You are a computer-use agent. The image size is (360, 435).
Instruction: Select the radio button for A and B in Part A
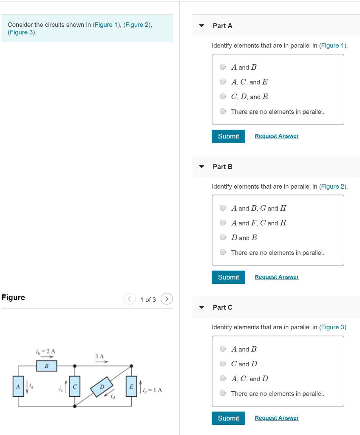click(223, 67)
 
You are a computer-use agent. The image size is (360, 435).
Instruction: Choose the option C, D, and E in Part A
click(223, 96)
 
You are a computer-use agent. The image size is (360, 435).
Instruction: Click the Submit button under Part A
click(228, 136)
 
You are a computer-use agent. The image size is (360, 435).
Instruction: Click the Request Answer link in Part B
click(276, 277)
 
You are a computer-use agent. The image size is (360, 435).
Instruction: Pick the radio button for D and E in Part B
click(223, 237)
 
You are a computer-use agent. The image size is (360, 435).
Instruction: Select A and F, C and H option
click(223, 223)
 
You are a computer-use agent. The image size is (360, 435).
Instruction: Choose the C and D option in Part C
click(223, 364)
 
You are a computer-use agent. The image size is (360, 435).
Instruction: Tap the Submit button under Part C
click(228, 418)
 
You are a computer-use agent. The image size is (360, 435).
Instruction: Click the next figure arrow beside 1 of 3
click(167, 299)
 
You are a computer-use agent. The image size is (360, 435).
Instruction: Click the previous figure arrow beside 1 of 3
click(130, 299)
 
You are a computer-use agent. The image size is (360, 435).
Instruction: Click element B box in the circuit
click(46, 366)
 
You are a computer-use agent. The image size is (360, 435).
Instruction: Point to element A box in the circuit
click(18, 386)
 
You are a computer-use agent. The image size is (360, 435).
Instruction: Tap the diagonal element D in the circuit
click(102, 387)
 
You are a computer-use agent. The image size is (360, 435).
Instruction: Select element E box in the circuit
click(131, 386)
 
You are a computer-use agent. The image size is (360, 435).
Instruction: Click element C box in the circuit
click(75, 386)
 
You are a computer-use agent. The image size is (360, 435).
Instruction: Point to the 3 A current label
click(100, 356)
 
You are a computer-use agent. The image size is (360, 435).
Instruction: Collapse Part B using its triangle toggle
click(201, 167)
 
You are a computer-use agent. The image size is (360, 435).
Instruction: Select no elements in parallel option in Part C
click(223, 393)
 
